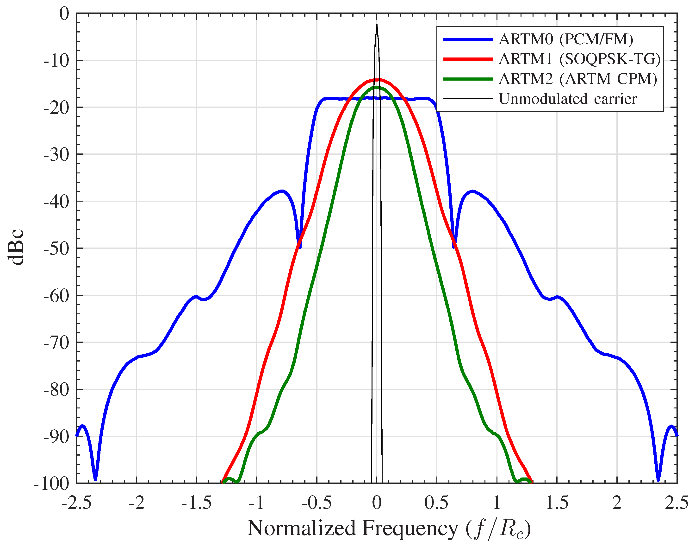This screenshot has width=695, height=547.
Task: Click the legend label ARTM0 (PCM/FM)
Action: coord(566,39)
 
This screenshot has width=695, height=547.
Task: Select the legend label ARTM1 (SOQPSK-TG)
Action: coord(579,59)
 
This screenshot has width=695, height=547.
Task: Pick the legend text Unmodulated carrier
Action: coord(568,99)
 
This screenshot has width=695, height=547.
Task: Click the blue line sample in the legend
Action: coord(468,39)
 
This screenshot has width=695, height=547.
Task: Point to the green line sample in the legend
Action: coord(468,79)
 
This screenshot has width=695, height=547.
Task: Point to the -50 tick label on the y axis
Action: coord(56,249)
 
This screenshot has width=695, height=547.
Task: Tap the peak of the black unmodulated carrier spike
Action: coord(377,25)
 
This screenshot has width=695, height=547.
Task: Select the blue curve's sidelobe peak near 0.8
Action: coord(473,191)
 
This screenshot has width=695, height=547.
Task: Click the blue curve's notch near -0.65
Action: coord(299,247)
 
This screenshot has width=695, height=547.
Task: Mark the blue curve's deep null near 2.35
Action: coord(658,479)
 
